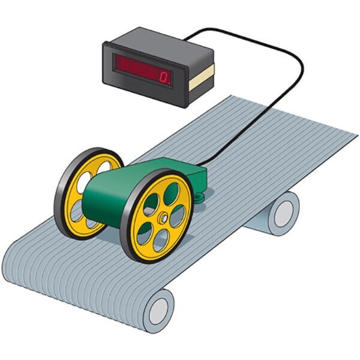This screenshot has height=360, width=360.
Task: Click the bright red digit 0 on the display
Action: click(164, 77)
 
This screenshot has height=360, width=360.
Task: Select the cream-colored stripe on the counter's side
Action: click(202, 77)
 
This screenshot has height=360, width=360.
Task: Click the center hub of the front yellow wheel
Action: click(163, 217)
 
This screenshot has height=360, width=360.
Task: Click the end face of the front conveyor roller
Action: click(158, 311)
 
